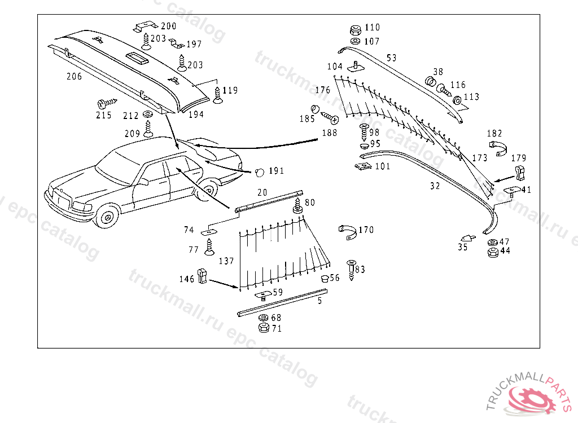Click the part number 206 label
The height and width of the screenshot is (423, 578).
click(74, 76)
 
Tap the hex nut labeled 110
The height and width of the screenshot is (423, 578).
click(356, 30)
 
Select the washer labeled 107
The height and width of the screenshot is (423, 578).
click(356, 41)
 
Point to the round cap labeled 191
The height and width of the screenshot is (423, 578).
click(260, 172)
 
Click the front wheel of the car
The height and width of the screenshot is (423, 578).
click(107, 217)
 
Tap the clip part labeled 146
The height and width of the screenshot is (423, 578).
click(202, 276)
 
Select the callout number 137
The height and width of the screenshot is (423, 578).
click(226, 261)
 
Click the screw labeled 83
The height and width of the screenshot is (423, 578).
click(351, 270)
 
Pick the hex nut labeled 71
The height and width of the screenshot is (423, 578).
click(264, 328)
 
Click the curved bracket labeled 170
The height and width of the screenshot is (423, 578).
click(348, 232)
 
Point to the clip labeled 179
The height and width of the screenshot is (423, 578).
click(520, 173)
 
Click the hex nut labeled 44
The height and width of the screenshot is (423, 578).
click(492, 253)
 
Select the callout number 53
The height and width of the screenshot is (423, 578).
click(392, 58)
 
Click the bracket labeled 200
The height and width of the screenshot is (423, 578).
click(146, 26)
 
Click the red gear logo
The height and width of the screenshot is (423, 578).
click(531, 399)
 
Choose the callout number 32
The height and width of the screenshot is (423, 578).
click(435, 186)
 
